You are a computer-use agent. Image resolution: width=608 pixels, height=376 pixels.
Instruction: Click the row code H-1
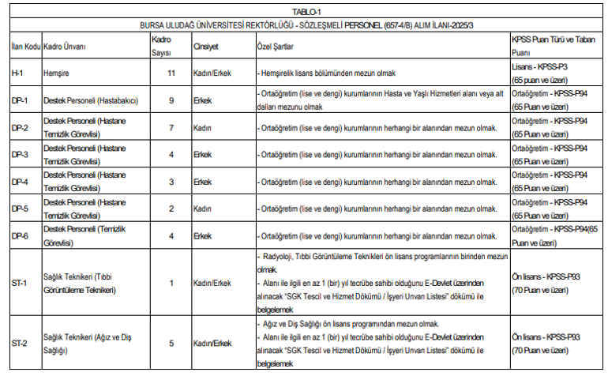pyautogui.click(x=18, y=73)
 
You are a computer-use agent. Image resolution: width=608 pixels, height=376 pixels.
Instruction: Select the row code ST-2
pyautogui.click(x=19, y=344)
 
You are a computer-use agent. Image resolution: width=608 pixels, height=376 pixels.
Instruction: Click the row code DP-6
pyautogui.click(x=20, y=235)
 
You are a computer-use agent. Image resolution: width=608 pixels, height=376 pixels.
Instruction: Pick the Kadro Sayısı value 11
pyautogui.click(x=171, y=73)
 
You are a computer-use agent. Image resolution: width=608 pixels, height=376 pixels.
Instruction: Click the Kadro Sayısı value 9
pyautogui.click(x=171, y=100)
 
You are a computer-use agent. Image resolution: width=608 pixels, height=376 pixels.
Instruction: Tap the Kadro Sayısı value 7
pyautogui.click(x=171, y=127)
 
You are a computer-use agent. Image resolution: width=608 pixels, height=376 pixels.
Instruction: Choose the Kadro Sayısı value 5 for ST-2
pyautogui.click(x=171, y=344)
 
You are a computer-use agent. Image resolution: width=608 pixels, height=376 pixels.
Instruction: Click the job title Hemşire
pyautogui.click(x=58, y=73)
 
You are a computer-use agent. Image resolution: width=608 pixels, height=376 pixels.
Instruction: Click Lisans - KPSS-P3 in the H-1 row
pyautogui.click(x=541, y=67)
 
